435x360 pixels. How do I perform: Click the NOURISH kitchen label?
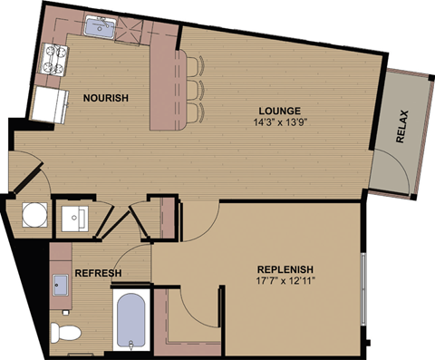106,98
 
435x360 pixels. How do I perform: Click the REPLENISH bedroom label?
285,269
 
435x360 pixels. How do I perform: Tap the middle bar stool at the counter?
196,89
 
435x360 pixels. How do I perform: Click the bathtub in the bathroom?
131,322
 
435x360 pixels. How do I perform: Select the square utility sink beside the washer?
74,218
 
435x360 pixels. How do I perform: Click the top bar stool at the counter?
196,66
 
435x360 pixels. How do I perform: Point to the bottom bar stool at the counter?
196,112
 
